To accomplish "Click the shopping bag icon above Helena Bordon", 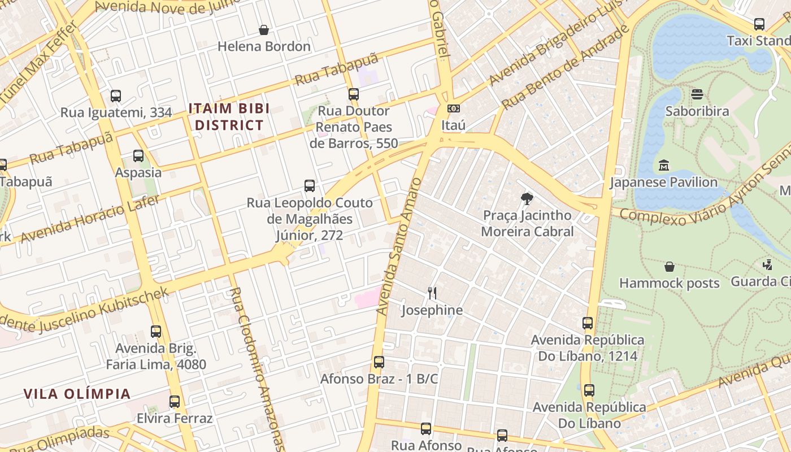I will [264, 30].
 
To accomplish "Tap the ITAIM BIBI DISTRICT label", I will [229, 116].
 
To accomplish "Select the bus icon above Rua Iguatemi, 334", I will [116, 96].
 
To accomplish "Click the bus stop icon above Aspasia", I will [138, 156].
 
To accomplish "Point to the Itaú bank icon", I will [453, 108].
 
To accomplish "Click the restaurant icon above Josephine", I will [432, 293].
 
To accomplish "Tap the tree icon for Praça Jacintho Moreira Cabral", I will [527, 198].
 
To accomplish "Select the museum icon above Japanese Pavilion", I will [664, 166].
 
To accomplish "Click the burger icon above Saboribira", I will [697, 94].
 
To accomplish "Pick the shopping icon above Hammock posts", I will [670, 266].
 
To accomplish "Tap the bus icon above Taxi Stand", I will [759, 24].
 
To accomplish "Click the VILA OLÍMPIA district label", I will [77, 394].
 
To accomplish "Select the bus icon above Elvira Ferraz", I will [175, 402].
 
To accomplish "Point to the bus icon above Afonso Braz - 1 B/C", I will [379, 362].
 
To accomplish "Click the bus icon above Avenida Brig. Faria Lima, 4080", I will [156, 332].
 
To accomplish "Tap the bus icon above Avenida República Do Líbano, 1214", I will [588, 323].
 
